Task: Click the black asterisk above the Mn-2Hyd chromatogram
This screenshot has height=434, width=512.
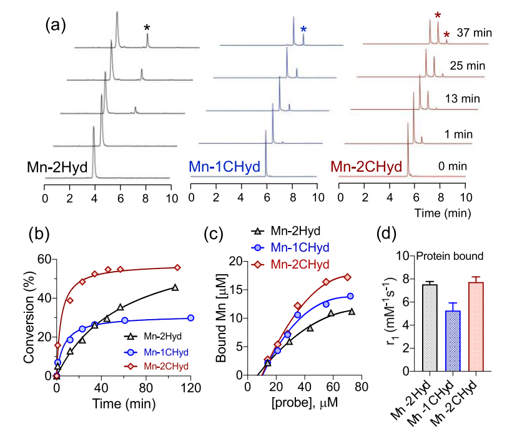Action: tap(147, 27)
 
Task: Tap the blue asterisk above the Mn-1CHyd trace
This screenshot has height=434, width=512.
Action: tap(303, 29)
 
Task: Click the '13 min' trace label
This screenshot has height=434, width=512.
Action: tap(462, 99)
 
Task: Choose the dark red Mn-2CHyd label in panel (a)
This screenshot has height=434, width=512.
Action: tap(366, 167)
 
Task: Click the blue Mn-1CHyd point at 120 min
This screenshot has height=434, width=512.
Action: tap(190, 318)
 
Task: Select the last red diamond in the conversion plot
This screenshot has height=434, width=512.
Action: tap(177, 267)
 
